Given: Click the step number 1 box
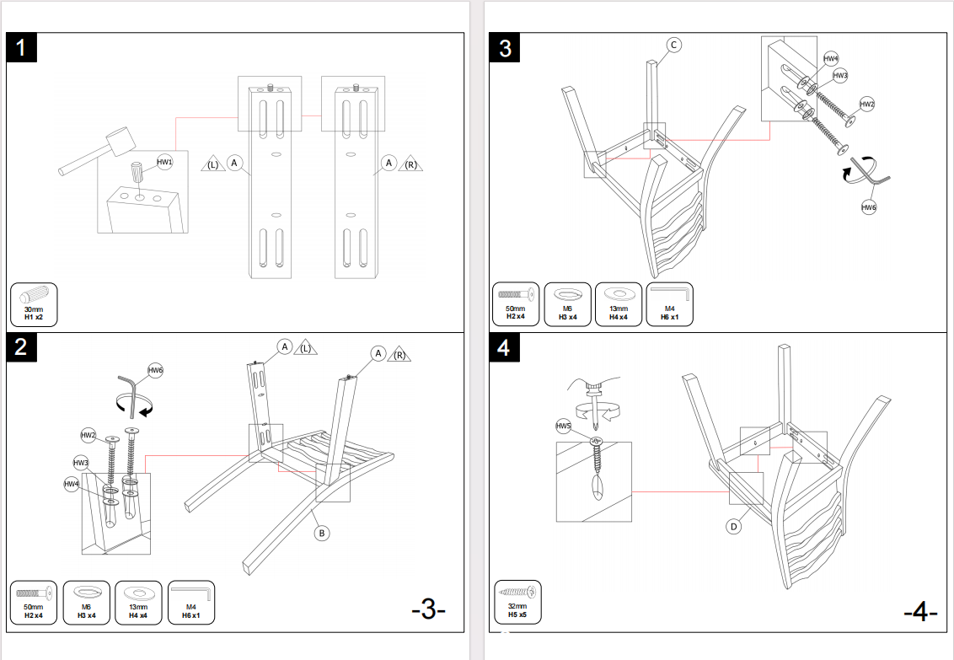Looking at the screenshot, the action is [x=22, y=47].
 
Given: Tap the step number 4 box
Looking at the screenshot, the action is [x=504, y=347].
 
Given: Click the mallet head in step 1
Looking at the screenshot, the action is [x=120, y=141].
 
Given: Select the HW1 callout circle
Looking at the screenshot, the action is [x=164, y=163].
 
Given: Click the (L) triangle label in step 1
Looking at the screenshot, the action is [x=213, y=164].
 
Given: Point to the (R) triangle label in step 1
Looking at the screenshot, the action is [x=410, y=164].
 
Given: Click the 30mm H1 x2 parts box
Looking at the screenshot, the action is [x=34, y=305].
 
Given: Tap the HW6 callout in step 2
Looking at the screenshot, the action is [x=156, y=370].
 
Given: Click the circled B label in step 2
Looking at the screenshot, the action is [x=321, y=534].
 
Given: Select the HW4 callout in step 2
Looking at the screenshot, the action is [x=72, y=484].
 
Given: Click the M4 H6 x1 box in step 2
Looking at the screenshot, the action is [x=191, y=602].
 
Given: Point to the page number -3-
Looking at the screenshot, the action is [x=429, y=609].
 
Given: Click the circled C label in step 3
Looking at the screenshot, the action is [x=673, y=45].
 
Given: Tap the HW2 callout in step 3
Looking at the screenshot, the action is [x=867, y=105].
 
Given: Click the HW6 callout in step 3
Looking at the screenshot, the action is [x=869, y=207].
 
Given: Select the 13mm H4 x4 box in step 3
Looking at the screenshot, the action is [x=619, y=304].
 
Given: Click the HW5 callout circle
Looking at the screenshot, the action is [x=564, y=427].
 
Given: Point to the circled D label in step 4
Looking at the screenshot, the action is [x=734, y=527].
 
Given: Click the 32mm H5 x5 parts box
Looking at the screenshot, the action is [x=517, y=602].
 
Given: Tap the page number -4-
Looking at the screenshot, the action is [x=920, y=612].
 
